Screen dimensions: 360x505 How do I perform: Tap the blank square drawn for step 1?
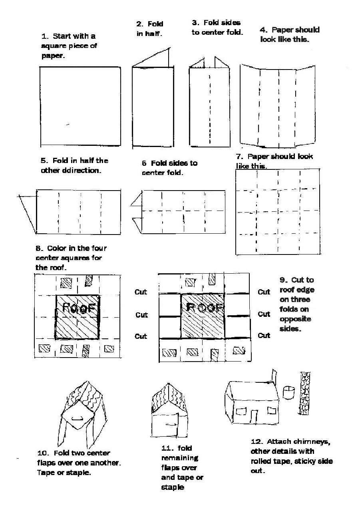[x=80, y=106]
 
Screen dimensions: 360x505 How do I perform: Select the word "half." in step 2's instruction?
[x=153, y=34]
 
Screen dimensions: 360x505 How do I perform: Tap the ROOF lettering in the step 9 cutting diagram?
[x=203, y=307]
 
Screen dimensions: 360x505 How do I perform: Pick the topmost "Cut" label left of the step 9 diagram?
[x=141, y=292]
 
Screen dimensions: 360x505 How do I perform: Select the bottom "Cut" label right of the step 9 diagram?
[x=264, y=335]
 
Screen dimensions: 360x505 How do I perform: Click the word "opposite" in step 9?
[x=295, y=319]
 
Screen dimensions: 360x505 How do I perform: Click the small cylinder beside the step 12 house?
[x=288, y=392]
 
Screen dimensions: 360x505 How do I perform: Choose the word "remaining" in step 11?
[x=179, y=458]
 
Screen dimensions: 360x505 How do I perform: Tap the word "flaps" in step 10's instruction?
[x=46, y=463]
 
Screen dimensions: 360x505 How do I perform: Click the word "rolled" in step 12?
[x=262, y=461]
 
